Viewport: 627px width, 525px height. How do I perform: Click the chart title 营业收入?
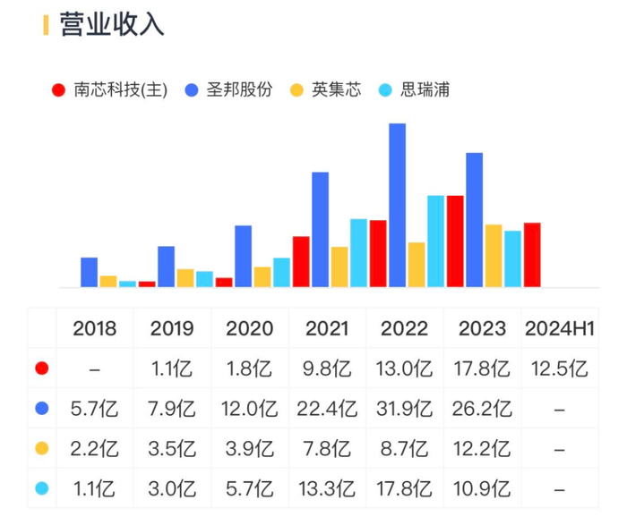click(112, 25)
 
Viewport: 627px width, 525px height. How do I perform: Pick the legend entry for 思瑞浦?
click(413, 90)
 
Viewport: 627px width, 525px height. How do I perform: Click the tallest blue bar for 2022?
click(397, 206)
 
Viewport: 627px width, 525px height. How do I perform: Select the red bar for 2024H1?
click(532, 255)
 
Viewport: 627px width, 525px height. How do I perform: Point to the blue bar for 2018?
click(89, 272)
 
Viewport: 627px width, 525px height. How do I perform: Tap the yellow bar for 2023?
click(494, 256)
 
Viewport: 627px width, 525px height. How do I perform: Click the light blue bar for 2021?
click(358, 253)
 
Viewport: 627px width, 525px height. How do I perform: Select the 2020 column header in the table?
click(250, 328)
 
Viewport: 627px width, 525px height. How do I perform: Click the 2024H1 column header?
click(556, 328)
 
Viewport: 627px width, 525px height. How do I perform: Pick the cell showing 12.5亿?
click(556, 368)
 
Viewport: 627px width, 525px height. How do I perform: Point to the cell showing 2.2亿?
click(94, 449)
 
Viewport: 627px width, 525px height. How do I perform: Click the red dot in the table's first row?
click(41, 368)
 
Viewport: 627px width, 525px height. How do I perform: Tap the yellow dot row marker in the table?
click(41, 449)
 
